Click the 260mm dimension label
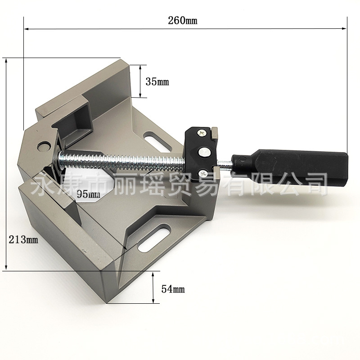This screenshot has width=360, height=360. click(183, 20)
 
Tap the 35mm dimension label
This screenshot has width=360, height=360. click(157, 81)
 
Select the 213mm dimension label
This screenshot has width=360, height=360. click(23, 239)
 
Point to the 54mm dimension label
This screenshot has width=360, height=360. click(173, 289)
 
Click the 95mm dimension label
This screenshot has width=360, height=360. click(88, 194)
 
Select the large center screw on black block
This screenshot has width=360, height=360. click(205, 152)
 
